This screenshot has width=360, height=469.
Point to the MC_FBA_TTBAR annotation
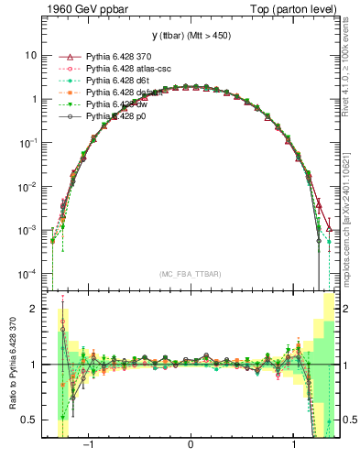tap(191, 274)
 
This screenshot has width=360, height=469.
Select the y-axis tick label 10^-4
tap(28, 275)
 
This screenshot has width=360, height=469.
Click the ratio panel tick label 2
tap(34, 310)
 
